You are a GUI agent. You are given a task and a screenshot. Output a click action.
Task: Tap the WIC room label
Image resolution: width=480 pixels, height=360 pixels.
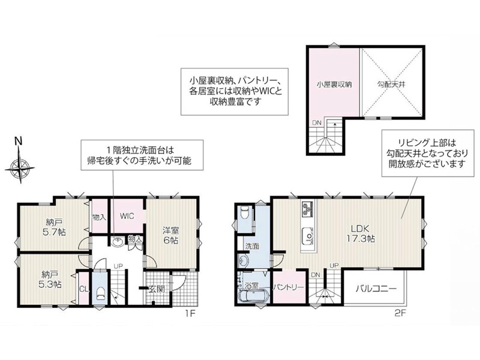tap(127, 216)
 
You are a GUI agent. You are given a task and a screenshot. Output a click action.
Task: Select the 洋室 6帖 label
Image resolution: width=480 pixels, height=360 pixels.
tap(171, 235)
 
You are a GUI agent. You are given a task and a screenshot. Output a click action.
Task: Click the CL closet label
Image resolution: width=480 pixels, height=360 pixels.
tap(83, 289)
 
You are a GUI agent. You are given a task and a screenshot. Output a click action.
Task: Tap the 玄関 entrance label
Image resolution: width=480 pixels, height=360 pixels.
tap(157, 289)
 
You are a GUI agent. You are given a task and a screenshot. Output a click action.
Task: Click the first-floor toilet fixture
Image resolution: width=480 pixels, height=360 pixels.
tap(100, 294)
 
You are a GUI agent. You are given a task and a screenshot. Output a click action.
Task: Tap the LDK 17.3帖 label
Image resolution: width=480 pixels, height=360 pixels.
tap(361, 233)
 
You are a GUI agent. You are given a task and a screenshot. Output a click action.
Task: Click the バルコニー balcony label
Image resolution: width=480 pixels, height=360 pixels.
tap(376, 289)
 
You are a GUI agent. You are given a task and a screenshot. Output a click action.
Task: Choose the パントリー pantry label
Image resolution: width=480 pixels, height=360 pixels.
tap(289, 287)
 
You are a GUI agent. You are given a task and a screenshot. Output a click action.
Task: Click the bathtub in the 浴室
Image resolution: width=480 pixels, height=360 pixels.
tap(254, 296)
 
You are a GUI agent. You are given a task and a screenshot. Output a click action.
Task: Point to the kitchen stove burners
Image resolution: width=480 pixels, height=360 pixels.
tap(308, 208)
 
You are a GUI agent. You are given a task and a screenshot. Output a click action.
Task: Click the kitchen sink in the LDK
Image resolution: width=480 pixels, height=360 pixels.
tap(308, 235)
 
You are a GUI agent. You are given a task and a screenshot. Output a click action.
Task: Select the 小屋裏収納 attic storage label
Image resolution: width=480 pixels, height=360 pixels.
tap(334, 84)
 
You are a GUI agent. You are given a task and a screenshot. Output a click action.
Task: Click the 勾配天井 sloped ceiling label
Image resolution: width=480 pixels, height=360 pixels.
tap(391, 84)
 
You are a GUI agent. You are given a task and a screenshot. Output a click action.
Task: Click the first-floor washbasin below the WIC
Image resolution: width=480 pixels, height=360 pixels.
tap(117, 242)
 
